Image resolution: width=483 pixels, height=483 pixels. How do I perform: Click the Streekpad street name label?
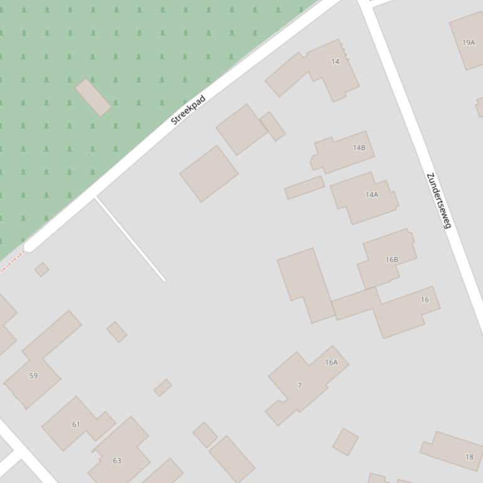[x=188, y=110]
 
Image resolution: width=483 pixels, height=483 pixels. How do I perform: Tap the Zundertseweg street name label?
[x=439, y=201]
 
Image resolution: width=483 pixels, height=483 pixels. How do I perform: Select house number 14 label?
[x=335, y=61]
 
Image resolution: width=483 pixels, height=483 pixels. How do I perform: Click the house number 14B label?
[x=359, y=148]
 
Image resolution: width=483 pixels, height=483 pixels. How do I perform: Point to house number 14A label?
[x=372, y=195]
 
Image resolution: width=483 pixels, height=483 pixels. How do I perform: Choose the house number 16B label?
[x=392, y=260]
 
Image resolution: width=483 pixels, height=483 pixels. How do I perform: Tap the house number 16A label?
[x=332, y=363]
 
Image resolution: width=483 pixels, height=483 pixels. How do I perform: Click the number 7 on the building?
[x=300, y=386]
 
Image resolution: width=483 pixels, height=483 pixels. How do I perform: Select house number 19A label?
[x=469, y=43]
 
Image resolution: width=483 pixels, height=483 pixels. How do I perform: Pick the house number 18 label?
[x=469, y=457]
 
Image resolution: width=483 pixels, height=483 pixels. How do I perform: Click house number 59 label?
[x=33, y=376]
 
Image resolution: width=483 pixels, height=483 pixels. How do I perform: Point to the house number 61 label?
[x=76, y=425]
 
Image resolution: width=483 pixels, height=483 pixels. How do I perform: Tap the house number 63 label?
[x=117, y=460]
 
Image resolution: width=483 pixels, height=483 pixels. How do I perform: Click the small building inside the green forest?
[x=93, y=97]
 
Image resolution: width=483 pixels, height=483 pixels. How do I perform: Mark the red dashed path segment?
[x=11, y=263]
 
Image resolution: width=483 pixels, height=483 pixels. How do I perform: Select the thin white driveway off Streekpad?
[x=130, y=240]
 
